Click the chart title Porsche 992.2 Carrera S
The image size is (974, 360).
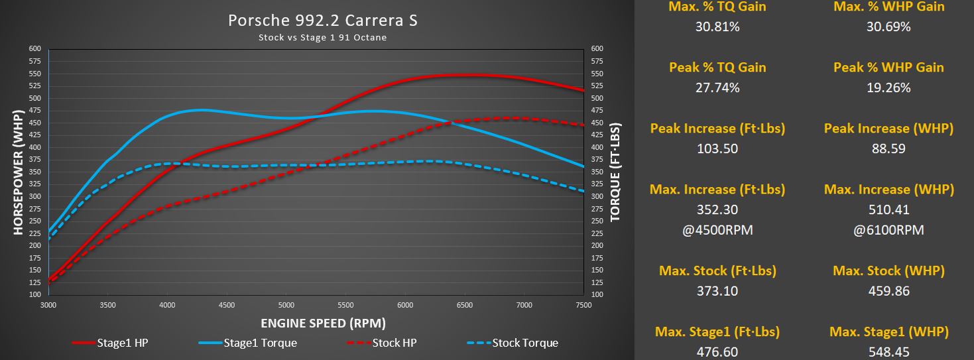(x=323, y=21)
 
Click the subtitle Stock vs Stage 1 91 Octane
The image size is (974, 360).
(x=323, y=38)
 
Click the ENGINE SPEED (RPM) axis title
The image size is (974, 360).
(x=323, y=324)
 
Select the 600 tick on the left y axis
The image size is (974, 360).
(x=35, y=49)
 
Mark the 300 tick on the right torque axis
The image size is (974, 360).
(x=597, y=196)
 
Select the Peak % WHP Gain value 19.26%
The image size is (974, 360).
(x=888, y=88)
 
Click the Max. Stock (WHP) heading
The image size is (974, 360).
(x=888, y=270)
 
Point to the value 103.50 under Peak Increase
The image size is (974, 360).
(x=717, y=149)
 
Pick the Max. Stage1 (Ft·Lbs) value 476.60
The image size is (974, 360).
(x=717, y=352)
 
